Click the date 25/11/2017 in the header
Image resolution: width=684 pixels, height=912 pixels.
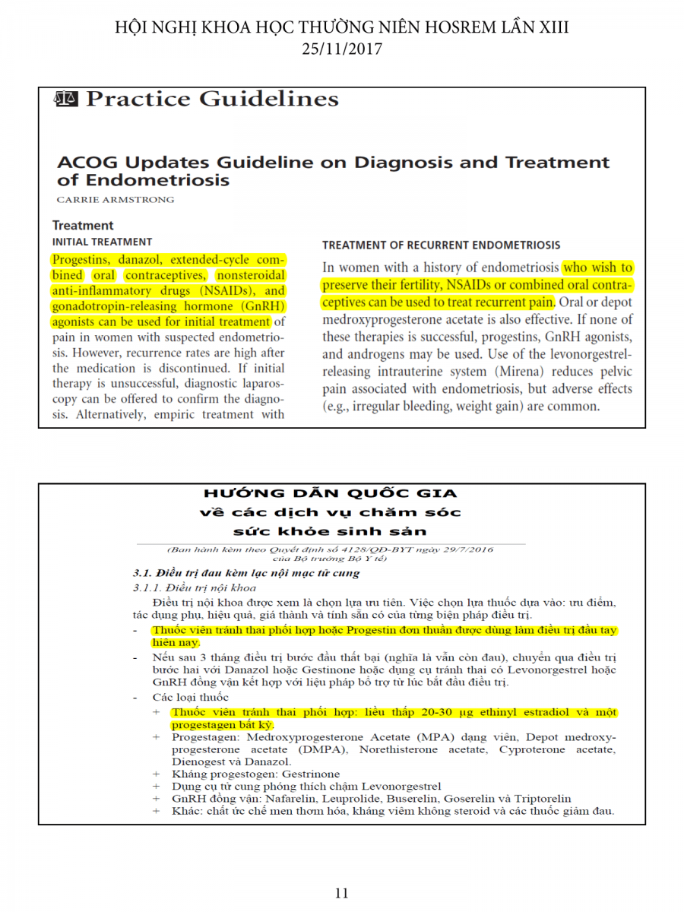[341, 49]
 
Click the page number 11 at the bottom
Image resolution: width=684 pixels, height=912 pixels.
[341, 893]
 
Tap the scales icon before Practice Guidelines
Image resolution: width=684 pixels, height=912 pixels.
[66, 99]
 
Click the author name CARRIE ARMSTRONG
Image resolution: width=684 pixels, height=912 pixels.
[116, 200]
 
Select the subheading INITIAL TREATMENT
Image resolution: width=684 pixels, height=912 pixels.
[102, 242]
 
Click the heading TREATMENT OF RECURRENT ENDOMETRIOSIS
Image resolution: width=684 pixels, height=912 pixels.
[441, 245]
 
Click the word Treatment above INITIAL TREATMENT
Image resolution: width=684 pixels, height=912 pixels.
[83, 226]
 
